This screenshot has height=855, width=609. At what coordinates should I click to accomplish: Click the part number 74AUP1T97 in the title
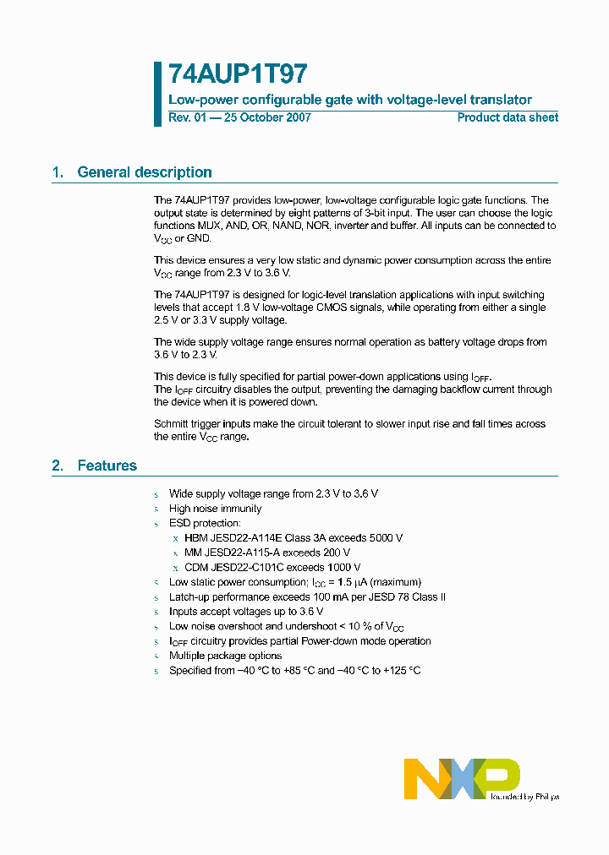226,74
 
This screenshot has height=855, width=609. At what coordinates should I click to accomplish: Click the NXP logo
462,777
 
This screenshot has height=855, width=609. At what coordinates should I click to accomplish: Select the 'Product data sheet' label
507,117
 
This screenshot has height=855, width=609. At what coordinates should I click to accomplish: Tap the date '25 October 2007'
268,117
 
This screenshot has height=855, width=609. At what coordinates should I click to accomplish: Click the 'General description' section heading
144,172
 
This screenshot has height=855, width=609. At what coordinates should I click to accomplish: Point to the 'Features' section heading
107,466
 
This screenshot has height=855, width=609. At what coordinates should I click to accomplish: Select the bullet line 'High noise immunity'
215,509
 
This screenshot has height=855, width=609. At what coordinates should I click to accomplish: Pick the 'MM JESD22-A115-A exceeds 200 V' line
266,553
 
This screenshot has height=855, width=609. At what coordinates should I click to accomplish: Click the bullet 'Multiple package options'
225,656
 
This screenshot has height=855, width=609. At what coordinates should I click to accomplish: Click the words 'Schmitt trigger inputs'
206,423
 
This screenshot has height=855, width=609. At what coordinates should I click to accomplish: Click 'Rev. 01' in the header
187,117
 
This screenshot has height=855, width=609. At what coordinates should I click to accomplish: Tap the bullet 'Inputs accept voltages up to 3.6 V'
246,612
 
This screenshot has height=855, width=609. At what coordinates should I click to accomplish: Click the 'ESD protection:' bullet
205,524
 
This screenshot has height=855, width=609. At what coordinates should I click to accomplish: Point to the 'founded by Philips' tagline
524,796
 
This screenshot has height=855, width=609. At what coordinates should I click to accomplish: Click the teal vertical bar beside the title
157,94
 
